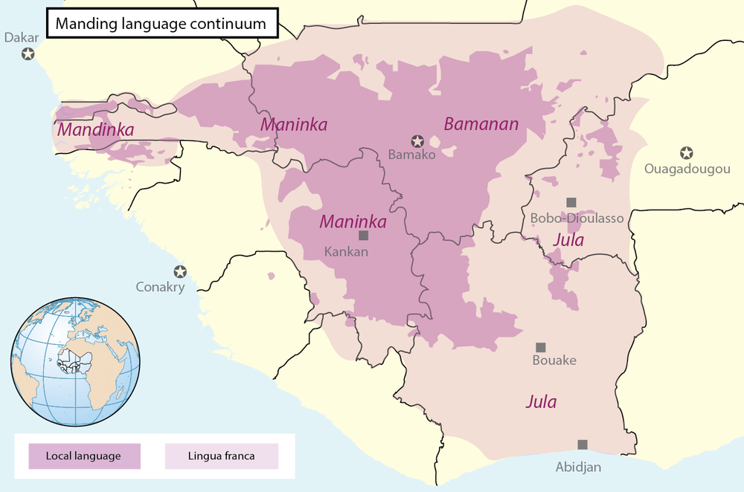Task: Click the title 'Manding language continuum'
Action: [161, 24]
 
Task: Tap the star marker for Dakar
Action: [28, 54]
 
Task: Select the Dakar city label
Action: [21, 36]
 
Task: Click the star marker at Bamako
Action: [418, 140]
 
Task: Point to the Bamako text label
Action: [411, 155]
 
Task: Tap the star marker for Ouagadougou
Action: [687, 153]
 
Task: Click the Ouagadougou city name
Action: [687, 169]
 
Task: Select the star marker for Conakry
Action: [179, 271]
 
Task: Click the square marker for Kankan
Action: [363, 236]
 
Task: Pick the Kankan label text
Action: [346, 251]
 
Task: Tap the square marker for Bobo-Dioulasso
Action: [571, 202]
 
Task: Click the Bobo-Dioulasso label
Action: [577, 219]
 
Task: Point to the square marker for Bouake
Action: [541, 347]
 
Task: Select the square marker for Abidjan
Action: [582, 444]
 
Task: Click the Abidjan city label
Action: [578, 467]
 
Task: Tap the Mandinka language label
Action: [95, 130]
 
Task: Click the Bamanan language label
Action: [481, 124]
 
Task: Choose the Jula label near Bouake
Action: [541, 402]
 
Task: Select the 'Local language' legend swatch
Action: [84, 456]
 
